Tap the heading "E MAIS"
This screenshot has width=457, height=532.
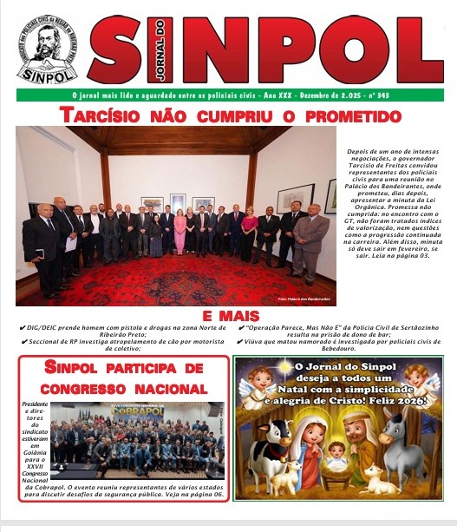[228, 314]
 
